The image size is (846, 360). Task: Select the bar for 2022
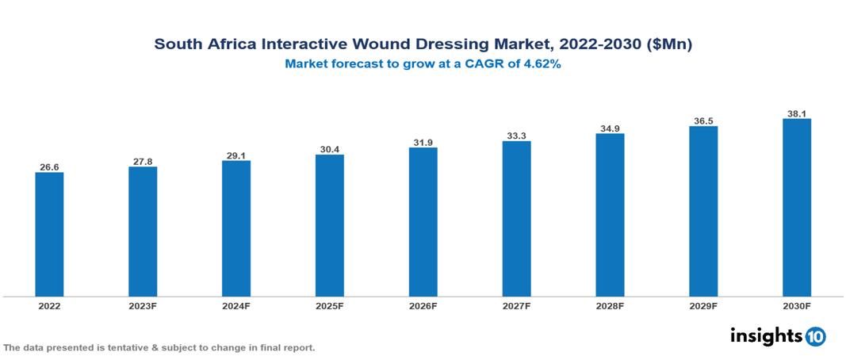coord(49,235)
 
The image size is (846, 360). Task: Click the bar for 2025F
coord(329,226)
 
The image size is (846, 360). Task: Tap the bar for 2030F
coord(796,208)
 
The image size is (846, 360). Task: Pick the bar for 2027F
coord(516,219)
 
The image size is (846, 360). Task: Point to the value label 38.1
coord(796,113)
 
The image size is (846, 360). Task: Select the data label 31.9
coord(423,143)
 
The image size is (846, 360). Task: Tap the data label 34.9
coord(610,128)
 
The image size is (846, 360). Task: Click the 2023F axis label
coord(143,305)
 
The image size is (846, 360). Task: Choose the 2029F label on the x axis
coord(702,305)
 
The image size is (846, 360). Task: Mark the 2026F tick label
coord(423,305)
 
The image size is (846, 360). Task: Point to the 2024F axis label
coord(236,305)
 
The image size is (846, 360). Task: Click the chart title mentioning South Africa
coord(423,45)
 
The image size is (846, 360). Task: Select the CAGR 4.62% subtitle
coord(423,65)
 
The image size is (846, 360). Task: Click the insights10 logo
coord(777,336)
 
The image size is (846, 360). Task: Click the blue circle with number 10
coord(815,337)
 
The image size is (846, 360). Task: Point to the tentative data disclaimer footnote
coord(159,348)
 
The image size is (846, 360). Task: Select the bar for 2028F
coord(610,215)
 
